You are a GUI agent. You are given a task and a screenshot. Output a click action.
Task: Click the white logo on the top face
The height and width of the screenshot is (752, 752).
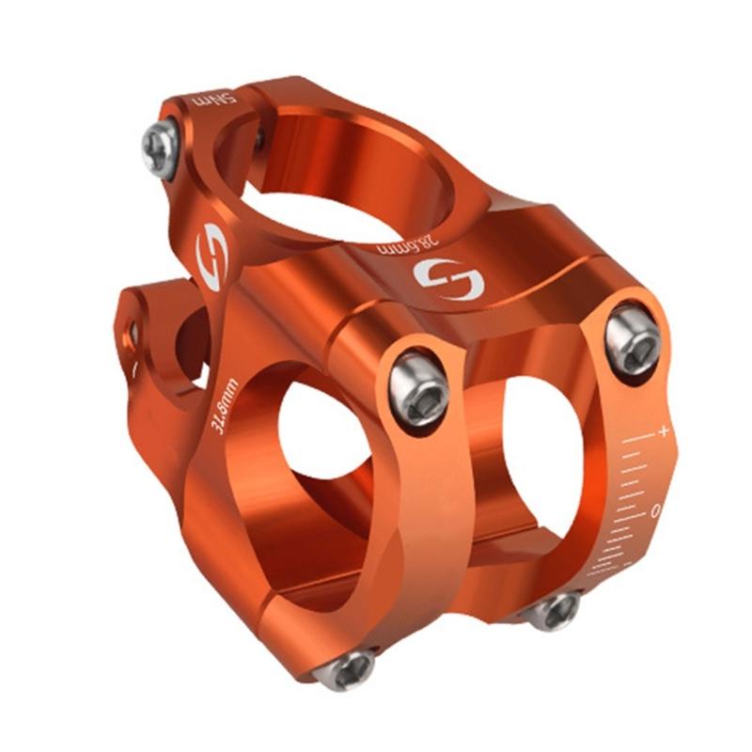[449, 279]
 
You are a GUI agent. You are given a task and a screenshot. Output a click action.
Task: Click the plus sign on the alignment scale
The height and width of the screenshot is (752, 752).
[664, 431]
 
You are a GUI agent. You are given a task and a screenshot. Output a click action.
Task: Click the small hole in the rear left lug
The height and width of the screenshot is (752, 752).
[134, 332]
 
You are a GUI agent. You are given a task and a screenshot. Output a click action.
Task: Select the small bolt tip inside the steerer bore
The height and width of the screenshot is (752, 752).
[258, 138]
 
